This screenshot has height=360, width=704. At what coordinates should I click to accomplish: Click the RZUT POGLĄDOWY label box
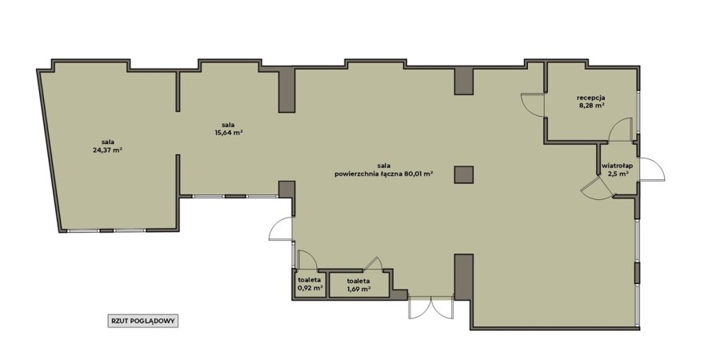point(142,321)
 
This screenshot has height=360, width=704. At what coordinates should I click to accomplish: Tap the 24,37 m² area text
point(108,151)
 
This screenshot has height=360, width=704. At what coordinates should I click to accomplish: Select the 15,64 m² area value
point(228,133)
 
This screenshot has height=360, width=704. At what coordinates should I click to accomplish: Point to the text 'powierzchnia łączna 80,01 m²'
point(383,174)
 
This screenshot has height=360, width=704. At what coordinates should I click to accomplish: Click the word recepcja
point(591,97)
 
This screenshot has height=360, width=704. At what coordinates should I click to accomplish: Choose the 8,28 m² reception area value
point(591,106)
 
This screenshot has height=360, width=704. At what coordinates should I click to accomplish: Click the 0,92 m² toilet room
point(310,285)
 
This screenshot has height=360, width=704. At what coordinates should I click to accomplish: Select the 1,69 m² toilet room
point(359,286)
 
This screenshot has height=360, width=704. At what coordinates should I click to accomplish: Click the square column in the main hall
point(463,174)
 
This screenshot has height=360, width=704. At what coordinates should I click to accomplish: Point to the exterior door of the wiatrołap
point(651,170)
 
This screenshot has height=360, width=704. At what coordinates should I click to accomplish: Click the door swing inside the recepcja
point(621,130)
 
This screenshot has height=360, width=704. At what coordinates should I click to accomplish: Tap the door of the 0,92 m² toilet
point(307,260)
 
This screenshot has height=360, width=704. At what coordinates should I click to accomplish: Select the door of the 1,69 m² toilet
point(374,264)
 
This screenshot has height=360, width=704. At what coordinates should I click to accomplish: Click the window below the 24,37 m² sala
point(107,230)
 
